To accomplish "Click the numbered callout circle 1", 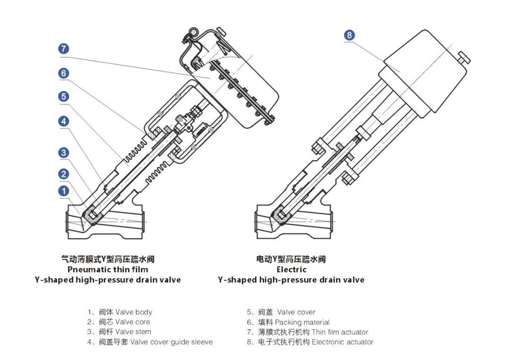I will (64, 191).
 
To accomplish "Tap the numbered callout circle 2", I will (64, 174).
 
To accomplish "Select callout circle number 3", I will (64, 152).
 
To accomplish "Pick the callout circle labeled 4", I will (64, 121).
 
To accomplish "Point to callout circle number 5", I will (64, 96).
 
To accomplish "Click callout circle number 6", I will (64, 73).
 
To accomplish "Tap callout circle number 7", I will (64, 49).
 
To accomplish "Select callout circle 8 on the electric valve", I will (349, 35).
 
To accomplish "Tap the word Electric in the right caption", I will (291, 269).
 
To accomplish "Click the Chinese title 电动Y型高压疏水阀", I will (291, 259).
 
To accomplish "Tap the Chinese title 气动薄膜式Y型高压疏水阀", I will (108, 259).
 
